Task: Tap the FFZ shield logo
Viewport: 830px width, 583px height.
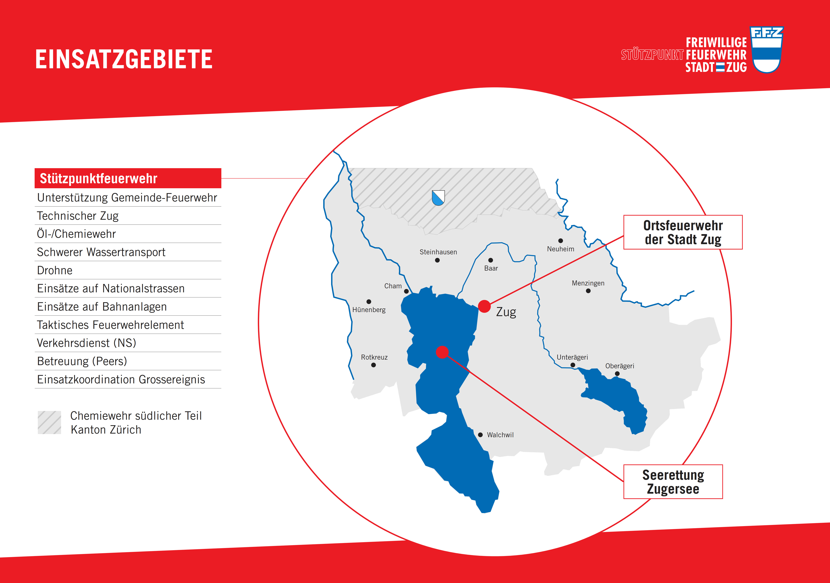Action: tap(766, 50)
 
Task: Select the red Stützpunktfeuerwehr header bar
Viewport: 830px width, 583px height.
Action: tap(128, 178)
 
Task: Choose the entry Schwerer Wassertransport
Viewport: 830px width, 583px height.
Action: tap(101, 252)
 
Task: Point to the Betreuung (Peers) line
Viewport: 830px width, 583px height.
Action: tap(82, 361)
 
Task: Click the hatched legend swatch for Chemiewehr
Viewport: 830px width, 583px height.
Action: tap(50, 422)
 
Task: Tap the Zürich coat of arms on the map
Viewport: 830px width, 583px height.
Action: tap(438, 198)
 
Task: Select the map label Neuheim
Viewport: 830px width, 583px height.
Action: tap(560, 249)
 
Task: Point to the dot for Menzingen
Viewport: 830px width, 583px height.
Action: tap(588, 291)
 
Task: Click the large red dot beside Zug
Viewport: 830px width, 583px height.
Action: tap(484, 306)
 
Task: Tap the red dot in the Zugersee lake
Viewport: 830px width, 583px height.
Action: tap(442, 352)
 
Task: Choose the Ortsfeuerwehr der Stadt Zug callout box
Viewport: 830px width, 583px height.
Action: tap(683, 232)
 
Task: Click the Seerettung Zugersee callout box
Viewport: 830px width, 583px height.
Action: tap(673, 482)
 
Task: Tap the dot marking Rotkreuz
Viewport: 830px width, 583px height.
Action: tap(373, 365)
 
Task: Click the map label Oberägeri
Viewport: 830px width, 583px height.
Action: tap(620, 366)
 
